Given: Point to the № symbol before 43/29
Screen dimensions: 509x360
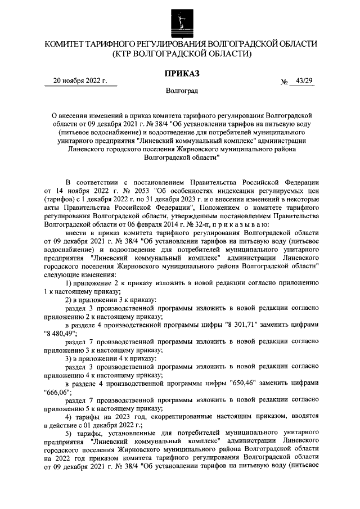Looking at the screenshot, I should pos(283,83).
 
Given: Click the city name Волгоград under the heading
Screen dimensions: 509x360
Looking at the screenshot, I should pos(180,90).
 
